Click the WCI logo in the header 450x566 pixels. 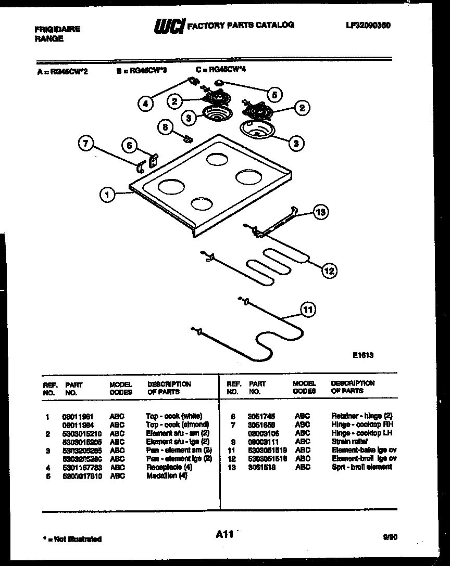(169, 27)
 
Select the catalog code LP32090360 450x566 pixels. (368, 25)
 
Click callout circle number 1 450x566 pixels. (107, 196)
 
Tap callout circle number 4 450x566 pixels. (146, 104)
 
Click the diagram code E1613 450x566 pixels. (363, 355)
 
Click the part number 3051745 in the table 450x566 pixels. (261, 416)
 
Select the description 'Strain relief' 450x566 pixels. (349, 441)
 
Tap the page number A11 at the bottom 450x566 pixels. (223, 534)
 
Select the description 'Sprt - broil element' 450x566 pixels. (361, 467)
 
